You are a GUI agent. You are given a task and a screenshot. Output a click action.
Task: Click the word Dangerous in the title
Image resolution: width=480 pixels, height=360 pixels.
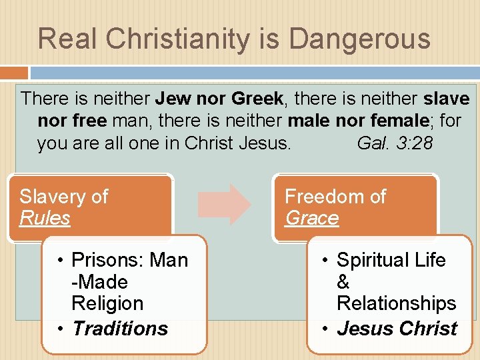pyautogui.click(x=359, y=39)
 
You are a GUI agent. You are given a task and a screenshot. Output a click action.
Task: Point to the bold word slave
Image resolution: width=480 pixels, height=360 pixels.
pyautogui.click(x=446, y=99)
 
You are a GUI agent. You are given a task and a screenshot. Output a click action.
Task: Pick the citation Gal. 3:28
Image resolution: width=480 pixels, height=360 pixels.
pyautogui.click(x=395, y=143)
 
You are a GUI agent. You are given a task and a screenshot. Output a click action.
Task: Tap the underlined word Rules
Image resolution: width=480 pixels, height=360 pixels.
pyautogui.click(x=45, y=218)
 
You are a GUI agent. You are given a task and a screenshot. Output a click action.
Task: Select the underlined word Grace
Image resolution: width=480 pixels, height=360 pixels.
pyautogui.click(x=311, y=218)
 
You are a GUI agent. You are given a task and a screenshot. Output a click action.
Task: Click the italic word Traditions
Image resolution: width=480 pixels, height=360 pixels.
pyautogui.click(x=120, y=329)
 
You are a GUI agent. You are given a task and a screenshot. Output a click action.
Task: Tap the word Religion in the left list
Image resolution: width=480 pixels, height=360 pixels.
pyautogui.click(x=107, y=303)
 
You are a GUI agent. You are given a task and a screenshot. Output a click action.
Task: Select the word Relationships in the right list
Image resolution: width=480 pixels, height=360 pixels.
pyautogui.click(x=396, y=303)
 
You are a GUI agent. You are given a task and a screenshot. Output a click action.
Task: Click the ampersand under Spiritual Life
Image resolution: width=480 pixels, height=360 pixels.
pyautogui.click(x=343, y=282)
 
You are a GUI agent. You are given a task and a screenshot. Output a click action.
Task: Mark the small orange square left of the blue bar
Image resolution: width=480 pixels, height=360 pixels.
pyautogui.click(x=14, y=73)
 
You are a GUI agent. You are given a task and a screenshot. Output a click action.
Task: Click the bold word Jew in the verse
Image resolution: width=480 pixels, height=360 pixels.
pyautogui.click(x=171, y=99)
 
